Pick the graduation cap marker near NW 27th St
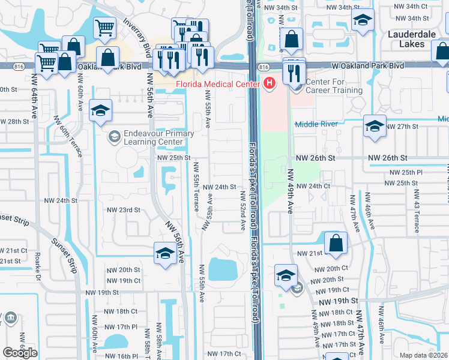click(x=375, y=126)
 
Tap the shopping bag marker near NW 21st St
click(x=336, y=244)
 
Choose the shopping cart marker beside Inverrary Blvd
click(x=105, y=27)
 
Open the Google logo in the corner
click(x=20, y=353)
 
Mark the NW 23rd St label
click(x=123, y=210)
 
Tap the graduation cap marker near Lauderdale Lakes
click(x=363, y=21)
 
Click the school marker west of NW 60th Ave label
click(x=101, y=110)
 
